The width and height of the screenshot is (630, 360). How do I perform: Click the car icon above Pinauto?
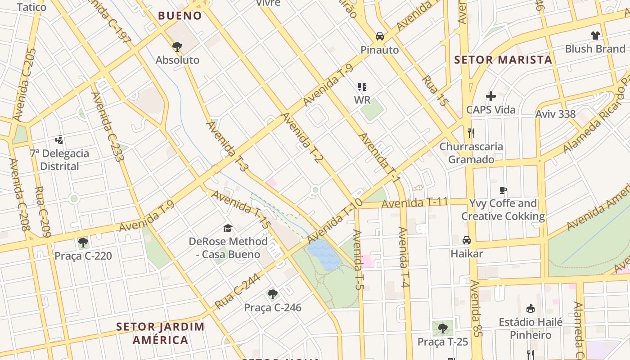[x=380, y=36]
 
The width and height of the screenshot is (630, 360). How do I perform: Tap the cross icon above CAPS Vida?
[x=491, y=96]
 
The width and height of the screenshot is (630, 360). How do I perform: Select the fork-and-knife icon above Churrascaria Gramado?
[x=471, y=133]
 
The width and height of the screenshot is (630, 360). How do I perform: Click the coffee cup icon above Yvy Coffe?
[x=503, y=190]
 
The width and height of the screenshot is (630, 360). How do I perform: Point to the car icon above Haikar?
[x=467, y=240]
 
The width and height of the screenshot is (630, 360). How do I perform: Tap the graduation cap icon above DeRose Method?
[x=228, y=228]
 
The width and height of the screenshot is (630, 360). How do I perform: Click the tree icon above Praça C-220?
[x=83, y=243]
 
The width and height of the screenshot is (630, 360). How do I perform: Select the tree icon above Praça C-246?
[x=272, y=295]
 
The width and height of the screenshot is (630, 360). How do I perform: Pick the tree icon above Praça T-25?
[x=443, y=328]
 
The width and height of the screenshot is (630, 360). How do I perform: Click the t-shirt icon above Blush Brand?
[x=595, y=35]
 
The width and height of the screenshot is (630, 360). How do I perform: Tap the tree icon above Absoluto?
[x=177, y=46]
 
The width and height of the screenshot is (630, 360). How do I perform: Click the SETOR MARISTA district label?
[x=503, y=60]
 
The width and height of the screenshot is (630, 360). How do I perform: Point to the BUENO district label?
[x=180, y=16]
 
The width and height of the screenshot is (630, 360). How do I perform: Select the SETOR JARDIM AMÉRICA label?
[x=160, y=333]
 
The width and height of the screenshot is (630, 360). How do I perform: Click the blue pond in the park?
[x=324, y=254]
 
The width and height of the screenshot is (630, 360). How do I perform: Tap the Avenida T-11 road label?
[x=414, y=202]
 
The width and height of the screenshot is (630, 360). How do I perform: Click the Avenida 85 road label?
[x=477, y=308]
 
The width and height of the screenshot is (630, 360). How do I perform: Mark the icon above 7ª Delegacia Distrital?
[x=59, y=140]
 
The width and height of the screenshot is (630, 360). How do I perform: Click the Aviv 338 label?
[x=555, y=114]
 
